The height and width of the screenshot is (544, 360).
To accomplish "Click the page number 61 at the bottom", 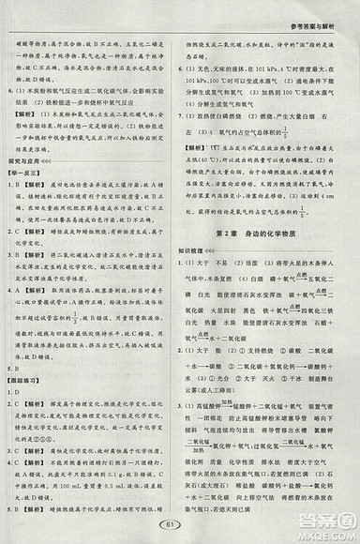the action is point(180,522).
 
